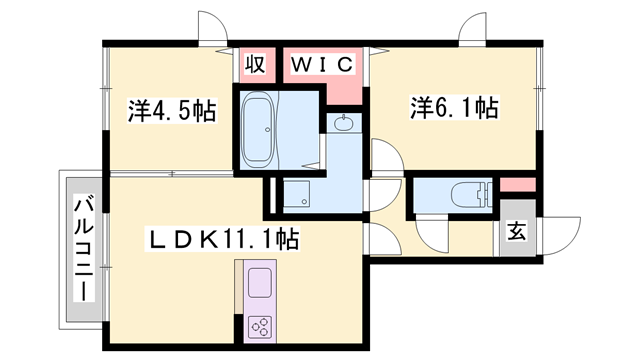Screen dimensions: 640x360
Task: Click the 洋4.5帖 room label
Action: point(172,111)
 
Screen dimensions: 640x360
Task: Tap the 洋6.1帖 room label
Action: point(454,108)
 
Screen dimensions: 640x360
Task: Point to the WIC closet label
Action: point(322,64)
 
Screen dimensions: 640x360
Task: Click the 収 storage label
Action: point(255,64)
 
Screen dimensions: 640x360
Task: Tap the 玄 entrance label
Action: point(516,231)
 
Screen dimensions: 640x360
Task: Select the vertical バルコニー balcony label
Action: point(84,248)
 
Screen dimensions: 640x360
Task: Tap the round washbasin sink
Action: point(344,123)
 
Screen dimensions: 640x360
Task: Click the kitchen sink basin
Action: point(260,283)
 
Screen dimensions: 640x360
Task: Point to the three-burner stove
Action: point(260,327)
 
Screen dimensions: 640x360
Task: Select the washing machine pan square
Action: point(296,193)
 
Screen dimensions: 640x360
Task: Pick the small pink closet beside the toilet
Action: point(518,185)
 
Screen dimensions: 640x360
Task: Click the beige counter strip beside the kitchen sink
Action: point(239,287)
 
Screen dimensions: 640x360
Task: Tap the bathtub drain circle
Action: point(267,129)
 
